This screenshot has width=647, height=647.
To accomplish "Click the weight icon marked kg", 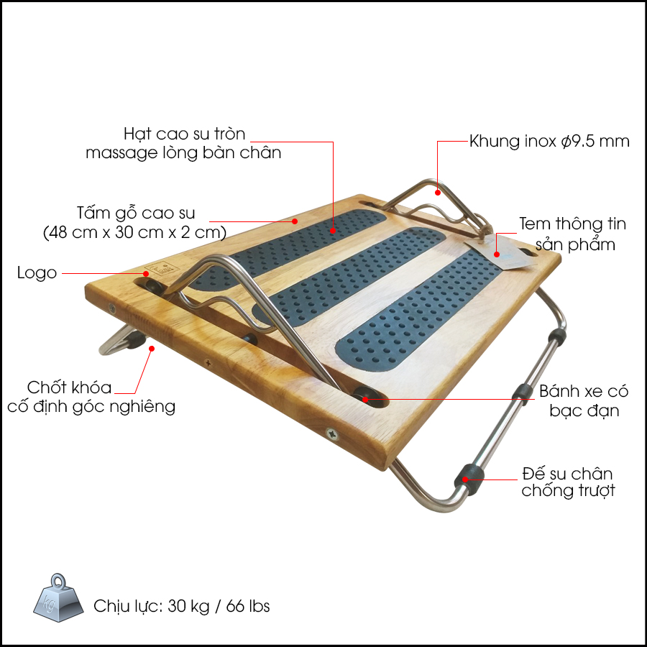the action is [58, 597].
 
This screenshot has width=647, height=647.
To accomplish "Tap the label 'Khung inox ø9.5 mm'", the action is [549, 142].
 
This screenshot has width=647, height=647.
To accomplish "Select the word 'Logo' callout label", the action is [37, 273].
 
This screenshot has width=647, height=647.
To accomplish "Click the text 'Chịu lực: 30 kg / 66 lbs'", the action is [182, 606].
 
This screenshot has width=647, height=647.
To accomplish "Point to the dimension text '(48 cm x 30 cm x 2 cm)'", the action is [135, 233].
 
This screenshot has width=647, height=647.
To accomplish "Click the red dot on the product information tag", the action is [497, 254].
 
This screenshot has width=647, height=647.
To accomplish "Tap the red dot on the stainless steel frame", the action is [437, 192].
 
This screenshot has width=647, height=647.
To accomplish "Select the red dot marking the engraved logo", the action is [146, 273].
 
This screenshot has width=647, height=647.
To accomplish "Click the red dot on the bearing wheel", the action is [365, 399].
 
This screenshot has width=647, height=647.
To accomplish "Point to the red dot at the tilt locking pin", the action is [152, 349].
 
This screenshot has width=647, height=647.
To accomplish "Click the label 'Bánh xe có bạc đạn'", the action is [584, 400].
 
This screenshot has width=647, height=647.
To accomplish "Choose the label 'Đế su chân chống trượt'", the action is [568, 482].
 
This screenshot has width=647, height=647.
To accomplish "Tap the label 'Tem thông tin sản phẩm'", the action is [573, 234].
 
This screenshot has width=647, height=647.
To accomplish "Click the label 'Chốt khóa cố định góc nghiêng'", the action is [91, 397].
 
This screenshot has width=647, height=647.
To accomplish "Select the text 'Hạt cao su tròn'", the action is [185, 134].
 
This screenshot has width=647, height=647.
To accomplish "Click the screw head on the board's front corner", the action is [332, 433].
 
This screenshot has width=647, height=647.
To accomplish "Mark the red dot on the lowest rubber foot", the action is [465, 479].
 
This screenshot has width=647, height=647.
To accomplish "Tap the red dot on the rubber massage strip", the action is [333, 231].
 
